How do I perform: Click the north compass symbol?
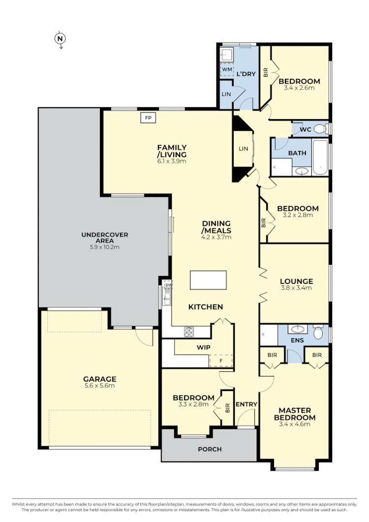click(x=61, y=38)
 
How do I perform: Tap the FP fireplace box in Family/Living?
click(x=148, y=118)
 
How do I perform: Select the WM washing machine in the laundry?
click(x=227, y=70)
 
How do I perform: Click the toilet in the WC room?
click(x=320, y=129)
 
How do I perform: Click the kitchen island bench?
click(x=209, y=280)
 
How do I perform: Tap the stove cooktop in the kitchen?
click(x=189, y=333)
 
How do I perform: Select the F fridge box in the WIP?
click(x=221, y=361)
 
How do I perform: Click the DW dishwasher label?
click(x=168, y=285)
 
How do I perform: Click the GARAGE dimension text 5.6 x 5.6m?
click(x=99, y=386)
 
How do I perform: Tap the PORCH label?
click(x=210, y=449)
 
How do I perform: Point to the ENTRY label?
click(x=246, y=404)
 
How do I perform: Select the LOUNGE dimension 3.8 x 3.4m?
click(x=297, y=288)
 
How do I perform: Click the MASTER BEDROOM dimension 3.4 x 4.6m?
click(x=294, y=424)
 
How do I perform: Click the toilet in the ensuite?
click(x=318, y=334)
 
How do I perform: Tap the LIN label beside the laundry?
click(x=226, y=93)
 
